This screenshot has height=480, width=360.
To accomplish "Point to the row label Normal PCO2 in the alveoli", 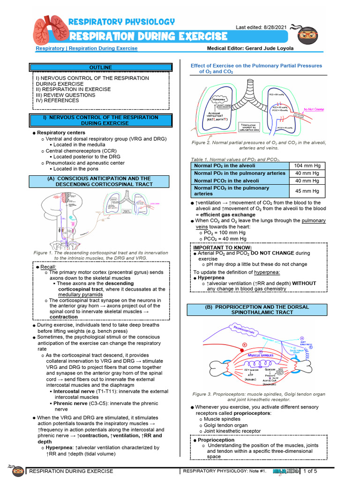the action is click(x=226, y=180).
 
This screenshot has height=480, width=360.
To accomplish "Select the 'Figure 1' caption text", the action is click(x=100, y=255).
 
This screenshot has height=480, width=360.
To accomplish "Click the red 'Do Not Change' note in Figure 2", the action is click(x=314, y=109).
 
